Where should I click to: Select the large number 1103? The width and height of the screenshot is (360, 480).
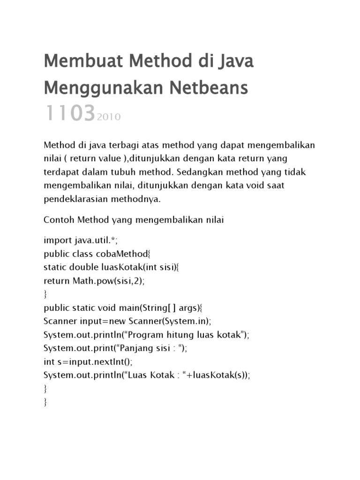pos(70,113)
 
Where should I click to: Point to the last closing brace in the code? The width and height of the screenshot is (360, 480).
pos(45,403)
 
